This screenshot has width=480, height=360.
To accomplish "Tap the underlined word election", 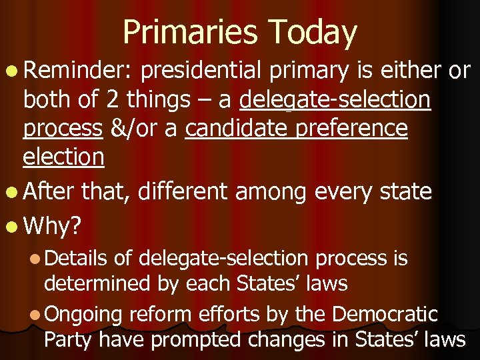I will [x=63, y=157].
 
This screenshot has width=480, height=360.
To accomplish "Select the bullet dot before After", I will [x=13, y=193].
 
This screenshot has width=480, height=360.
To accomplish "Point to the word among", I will [x=269, y=192].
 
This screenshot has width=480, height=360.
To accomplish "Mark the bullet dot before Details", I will [x=36, y=258].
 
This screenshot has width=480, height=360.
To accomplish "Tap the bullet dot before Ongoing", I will [x=36, y=314].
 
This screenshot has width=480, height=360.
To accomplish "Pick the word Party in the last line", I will [x=68, y=339].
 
